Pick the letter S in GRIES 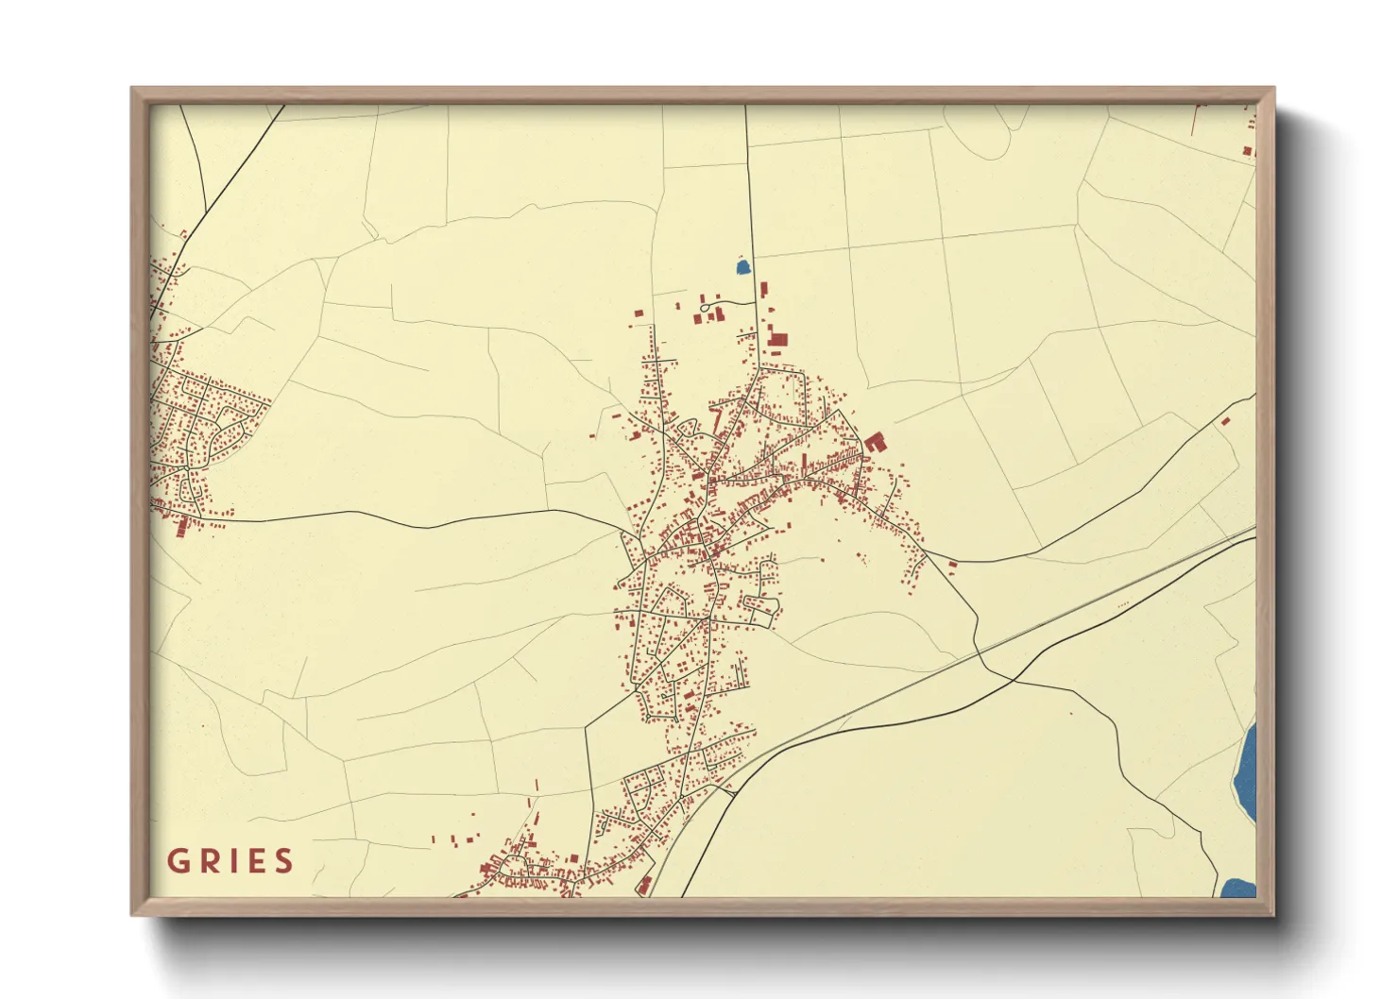pyautogui.click(x=282, y=861)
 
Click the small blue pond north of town pyautogui.click(x=743, y=267)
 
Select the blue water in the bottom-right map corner pyautogui.click(x=1238, y=888)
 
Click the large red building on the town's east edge pyautogui.click(x=874, y=441)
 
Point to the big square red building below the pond pyautogui.click(x=778, y=339)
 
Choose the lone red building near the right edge pyautogui.click(x=1225, y=421)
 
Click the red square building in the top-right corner pyautogui.click(x=1247, y=151)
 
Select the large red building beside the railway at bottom pyautogui.click(x=645, y=885)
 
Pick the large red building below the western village pyautogui.click(x=182, y=526)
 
